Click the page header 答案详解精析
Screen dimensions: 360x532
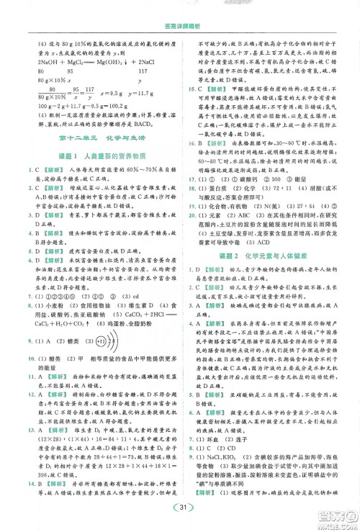(x=180, y=9)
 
